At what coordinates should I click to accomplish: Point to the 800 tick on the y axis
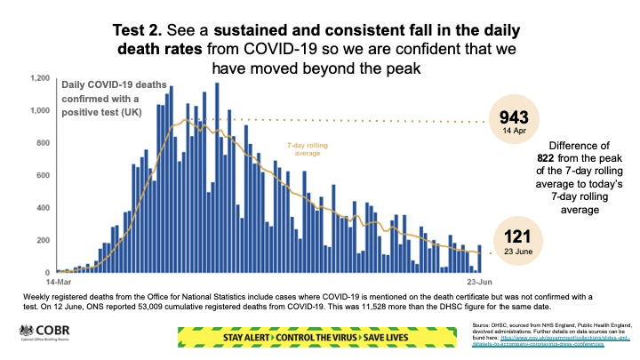[x=42, y=143]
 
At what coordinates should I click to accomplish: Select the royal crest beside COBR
[x=22, y=332]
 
